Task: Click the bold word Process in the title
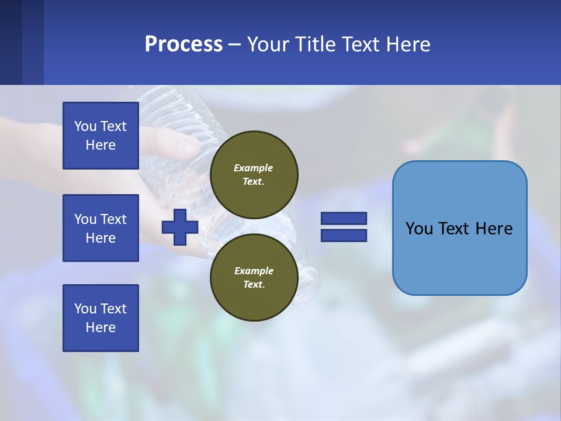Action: click(183, 44)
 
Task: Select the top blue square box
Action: click(101, 136)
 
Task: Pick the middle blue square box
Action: click(101, 228)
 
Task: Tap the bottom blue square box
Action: click(101, 318)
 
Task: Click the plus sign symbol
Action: click(179, 227)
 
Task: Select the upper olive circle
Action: click(254, 174)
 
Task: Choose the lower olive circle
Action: click(254, 277)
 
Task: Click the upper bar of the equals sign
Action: click(344, 218)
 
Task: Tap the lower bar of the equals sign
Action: click(344, 235)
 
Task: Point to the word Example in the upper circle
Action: click(254, 168)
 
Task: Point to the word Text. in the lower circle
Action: click(254, 285)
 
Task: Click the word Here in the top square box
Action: click(101, 145)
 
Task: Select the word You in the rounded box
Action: click(419, 229)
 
